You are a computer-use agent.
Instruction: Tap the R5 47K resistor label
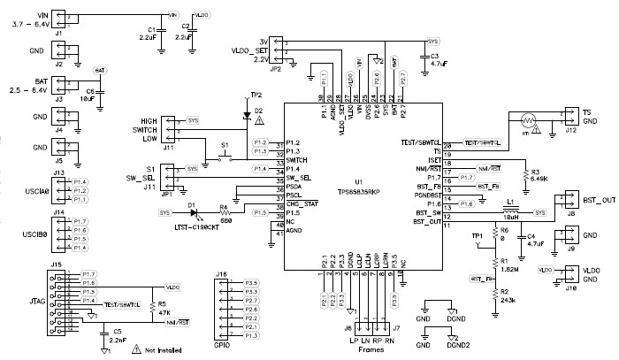[x=163, y=307]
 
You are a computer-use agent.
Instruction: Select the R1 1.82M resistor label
[x=507, y=264]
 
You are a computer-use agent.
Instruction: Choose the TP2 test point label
[x=256, y=94]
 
